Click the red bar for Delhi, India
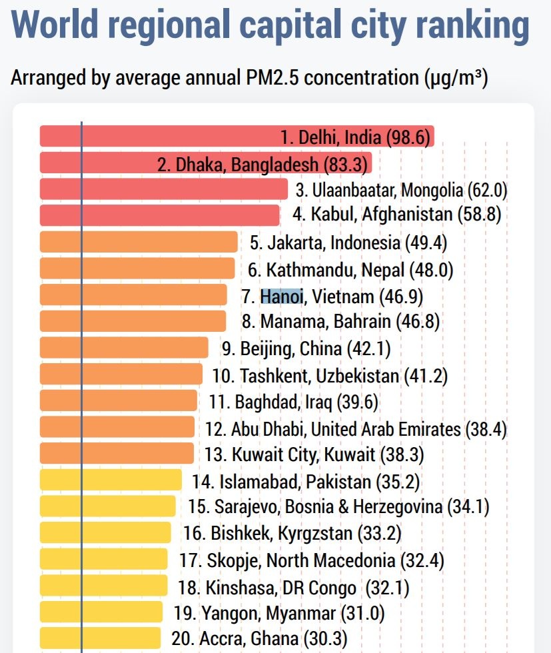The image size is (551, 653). coord(160,136)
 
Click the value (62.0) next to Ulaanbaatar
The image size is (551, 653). coord(488,190)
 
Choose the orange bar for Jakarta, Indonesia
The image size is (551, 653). coord(139,242)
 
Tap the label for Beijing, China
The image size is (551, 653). coord(306,348)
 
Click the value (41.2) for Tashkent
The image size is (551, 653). coord(425,375)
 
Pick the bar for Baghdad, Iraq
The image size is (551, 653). coord(119,400)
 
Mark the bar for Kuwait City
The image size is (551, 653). coord(117,453)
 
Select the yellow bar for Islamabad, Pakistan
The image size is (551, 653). coord(111,480)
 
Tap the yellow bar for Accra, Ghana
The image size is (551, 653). coord(100,638)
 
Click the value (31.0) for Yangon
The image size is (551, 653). coord(362,612)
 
